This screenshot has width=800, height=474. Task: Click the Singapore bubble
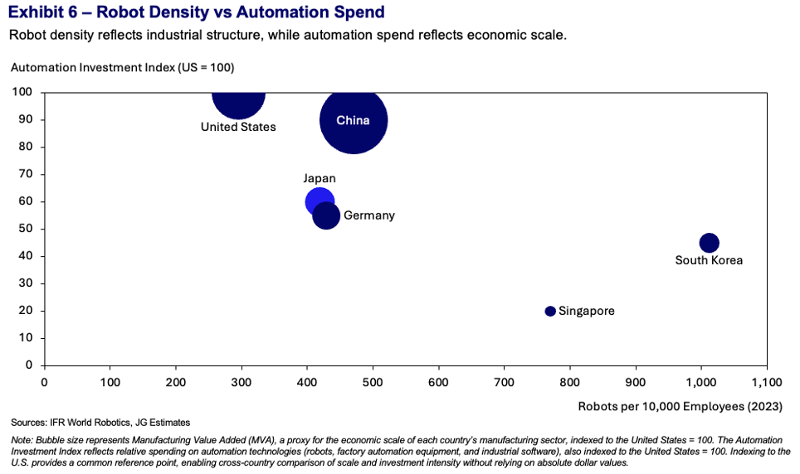pos(550,311)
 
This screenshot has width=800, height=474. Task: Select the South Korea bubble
pos(709,243)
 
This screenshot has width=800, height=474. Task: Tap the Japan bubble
pos(319,201)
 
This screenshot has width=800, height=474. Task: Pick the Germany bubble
pos(326,215)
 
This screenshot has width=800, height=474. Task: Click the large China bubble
pos(354,120)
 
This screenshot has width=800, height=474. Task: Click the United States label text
pos(238,127)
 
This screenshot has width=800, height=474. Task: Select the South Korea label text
pos(709,260)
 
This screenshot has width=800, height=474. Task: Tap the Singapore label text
pos(587,311)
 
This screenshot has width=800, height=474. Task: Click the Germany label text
pos(369,215)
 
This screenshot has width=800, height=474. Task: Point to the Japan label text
pos(320,178)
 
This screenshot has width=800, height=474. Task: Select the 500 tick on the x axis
pos(373,382)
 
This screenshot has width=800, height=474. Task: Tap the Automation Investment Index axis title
pos(128,67)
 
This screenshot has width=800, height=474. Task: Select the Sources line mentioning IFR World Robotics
pos(100,422)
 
